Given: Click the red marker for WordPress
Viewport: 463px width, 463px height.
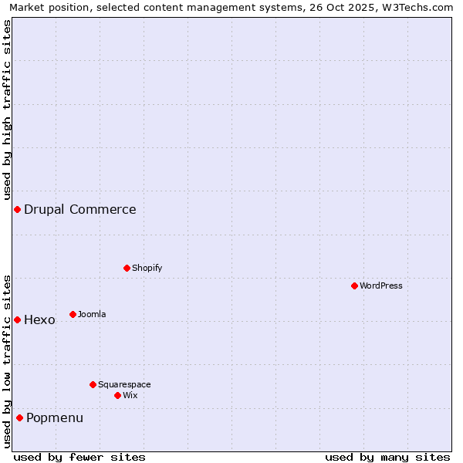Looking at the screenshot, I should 354,286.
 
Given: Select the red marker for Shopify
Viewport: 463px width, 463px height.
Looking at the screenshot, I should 127,268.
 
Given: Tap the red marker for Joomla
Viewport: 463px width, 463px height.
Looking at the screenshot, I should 73,314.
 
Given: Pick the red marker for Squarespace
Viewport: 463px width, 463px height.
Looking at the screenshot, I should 93,384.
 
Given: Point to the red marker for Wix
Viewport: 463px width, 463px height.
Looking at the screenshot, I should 117,395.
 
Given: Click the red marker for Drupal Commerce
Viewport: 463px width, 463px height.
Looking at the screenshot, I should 17,209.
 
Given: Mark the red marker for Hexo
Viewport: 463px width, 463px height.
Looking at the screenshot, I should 17,319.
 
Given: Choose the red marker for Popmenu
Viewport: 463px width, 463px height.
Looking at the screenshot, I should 19,417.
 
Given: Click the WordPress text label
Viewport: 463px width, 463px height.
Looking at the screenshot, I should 381,286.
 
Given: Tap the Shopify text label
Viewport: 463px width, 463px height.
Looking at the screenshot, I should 147,268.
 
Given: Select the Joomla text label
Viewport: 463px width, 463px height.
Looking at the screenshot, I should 92,314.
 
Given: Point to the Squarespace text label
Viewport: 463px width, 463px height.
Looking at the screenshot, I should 124,384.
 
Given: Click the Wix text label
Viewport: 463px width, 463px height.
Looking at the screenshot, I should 130,395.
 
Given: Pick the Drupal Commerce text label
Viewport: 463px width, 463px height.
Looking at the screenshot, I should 80,209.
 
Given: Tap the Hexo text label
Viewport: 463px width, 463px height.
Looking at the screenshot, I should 39,320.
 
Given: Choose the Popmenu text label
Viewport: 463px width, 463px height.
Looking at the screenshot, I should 55,418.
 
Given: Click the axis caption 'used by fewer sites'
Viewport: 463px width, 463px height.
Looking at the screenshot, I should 79,457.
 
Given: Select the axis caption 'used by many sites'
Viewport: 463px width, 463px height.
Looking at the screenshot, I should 387,457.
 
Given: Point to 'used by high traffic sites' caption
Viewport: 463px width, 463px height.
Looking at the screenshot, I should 7,110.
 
